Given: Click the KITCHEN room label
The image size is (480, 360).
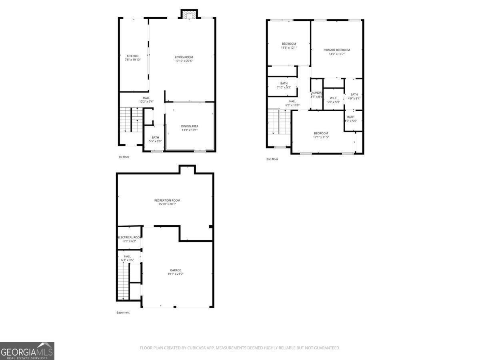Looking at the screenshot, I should [133, 56].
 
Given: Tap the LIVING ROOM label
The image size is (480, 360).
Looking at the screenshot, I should [184, 57].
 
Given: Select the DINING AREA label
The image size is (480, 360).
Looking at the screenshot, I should [189, 126].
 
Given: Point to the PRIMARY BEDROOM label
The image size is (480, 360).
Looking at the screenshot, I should [336, 50].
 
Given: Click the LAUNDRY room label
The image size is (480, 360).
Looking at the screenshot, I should [316, 93].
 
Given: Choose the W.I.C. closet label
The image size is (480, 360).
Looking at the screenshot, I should [333, 98].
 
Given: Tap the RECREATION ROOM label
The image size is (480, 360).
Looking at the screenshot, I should [167, 200].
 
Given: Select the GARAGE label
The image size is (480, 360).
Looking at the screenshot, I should [175, 270].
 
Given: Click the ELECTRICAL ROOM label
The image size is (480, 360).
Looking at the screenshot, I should [129, 237].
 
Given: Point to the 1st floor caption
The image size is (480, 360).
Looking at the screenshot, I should [124, 157].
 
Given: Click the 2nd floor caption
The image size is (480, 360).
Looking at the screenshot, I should [272, 159].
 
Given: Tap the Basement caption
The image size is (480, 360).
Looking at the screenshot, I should [123, 312].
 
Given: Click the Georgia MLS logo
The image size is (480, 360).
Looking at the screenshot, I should [27, 351].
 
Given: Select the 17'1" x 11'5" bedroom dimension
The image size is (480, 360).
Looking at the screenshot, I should [321, 138].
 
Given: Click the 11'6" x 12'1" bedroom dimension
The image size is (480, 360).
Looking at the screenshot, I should [288, 48].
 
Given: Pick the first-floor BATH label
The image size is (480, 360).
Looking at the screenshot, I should [155, 138].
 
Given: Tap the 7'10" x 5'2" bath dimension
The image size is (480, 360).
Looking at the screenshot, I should [284, 87].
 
